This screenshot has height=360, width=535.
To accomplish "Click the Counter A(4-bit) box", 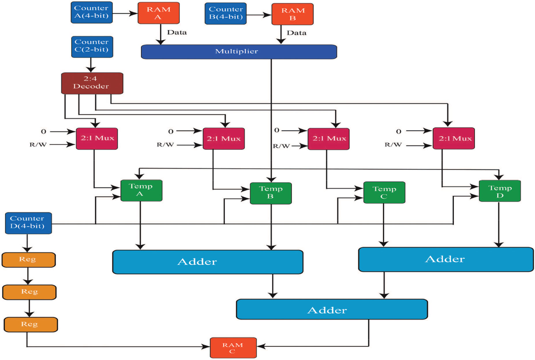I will (91, 12).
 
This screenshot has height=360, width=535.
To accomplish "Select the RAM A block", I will (158, 13).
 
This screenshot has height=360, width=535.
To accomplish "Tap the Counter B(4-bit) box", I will (225, 14).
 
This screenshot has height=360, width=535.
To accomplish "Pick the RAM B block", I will (292, 14).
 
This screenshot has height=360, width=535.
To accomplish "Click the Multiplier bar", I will (239, 52).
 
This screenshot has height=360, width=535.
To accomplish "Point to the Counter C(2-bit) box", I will (92, 46).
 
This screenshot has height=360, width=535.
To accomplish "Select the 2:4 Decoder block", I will (92, 83).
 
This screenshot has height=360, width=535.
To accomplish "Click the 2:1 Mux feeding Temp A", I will (97, 139).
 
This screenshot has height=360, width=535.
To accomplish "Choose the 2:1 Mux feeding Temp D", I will (453, 138).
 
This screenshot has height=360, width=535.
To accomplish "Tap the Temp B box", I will (270, 193).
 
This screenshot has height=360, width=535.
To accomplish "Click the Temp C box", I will (384, 192).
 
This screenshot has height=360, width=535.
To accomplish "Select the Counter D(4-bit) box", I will (28, 223).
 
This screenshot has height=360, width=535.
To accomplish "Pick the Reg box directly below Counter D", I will (28, 260).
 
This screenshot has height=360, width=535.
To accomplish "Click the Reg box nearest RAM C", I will (30, 324).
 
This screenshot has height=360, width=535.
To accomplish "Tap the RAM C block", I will (233, 348).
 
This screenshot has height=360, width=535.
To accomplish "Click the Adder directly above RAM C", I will (332, 309).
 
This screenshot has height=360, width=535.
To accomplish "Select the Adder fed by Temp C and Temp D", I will (446, 259).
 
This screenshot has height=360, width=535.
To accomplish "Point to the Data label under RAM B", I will (296, 33).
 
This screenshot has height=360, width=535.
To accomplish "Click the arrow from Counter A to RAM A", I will (125, 13).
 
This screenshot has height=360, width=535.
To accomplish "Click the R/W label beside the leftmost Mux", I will (38, 145).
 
